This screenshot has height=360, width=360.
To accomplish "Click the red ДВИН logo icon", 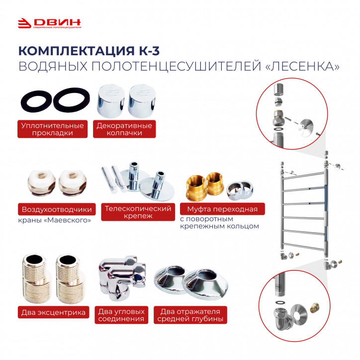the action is click(24, 23).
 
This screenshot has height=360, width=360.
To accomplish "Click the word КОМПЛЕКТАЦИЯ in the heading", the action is click(77, 51).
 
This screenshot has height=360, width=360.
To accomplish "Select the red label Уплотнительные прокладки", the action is click(52, 129).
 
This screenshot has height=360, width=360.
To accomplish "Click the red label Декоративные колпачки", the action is click(124, 129).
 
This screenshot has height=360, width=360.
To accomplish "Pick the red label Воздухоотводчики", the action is click(57, 209).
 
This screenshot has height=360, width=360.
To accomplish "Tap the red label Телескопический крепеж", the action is click(138, 212).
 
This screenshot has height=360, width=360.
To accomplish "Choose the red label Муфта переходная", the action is click(222, 209).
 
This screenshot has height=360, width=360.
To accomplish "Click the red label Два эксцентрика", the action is click(53, 312).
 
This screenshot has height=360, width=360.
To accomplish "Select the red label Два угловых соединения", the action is click(121, 315).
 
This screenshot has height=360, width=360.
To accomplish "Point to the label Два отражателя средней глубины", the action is click(190, 315).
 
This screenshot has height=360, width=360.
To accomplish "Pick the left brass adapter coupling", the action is click(195, 188).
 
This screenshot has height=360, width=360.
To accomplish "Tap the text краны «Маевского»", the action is click(54, 220).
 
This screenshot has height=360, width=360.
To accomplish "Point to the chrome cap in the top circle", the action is click(278, 90).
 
